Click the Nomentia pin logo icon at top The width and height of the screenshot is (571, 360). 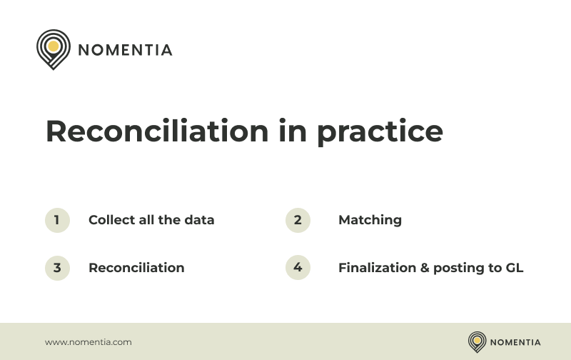pos(52,48)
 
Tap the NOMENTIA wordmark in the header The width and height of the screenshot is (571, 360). pos(125,50)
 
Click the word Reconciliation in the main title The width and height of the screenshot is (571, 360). pos(157,131)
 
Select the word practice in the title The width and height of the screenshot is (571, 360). pos(380,133)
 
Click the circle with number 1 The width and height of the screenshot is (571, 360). pos(57,220)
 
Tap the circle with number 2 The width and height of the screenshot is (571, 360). pos(298,220)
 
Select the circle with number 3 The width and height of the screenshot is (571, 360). pos(57,268)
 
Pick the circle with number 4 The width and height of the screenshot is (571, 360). pos(298,268)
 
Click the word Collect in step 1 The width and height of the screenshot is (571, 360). pos(111,220)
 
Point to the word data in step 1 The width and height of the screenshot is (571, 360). pos(199,220)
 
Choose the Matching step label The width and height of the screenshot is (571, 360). pos(370,221)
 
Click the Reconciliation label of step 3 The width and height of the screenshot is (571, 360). pos(136,268)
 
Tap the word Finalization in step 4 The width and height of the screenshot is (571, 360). pos(377,268)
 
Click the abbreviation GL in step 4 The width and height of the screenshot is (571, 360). pos(514,268)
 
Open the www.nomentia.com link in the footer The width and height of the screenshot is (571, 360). pos(89,342)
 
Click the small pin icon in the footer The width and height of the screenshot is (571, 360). pos(477,341)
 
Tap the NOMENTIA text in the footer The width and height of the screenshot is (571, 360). pos(515,342)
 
